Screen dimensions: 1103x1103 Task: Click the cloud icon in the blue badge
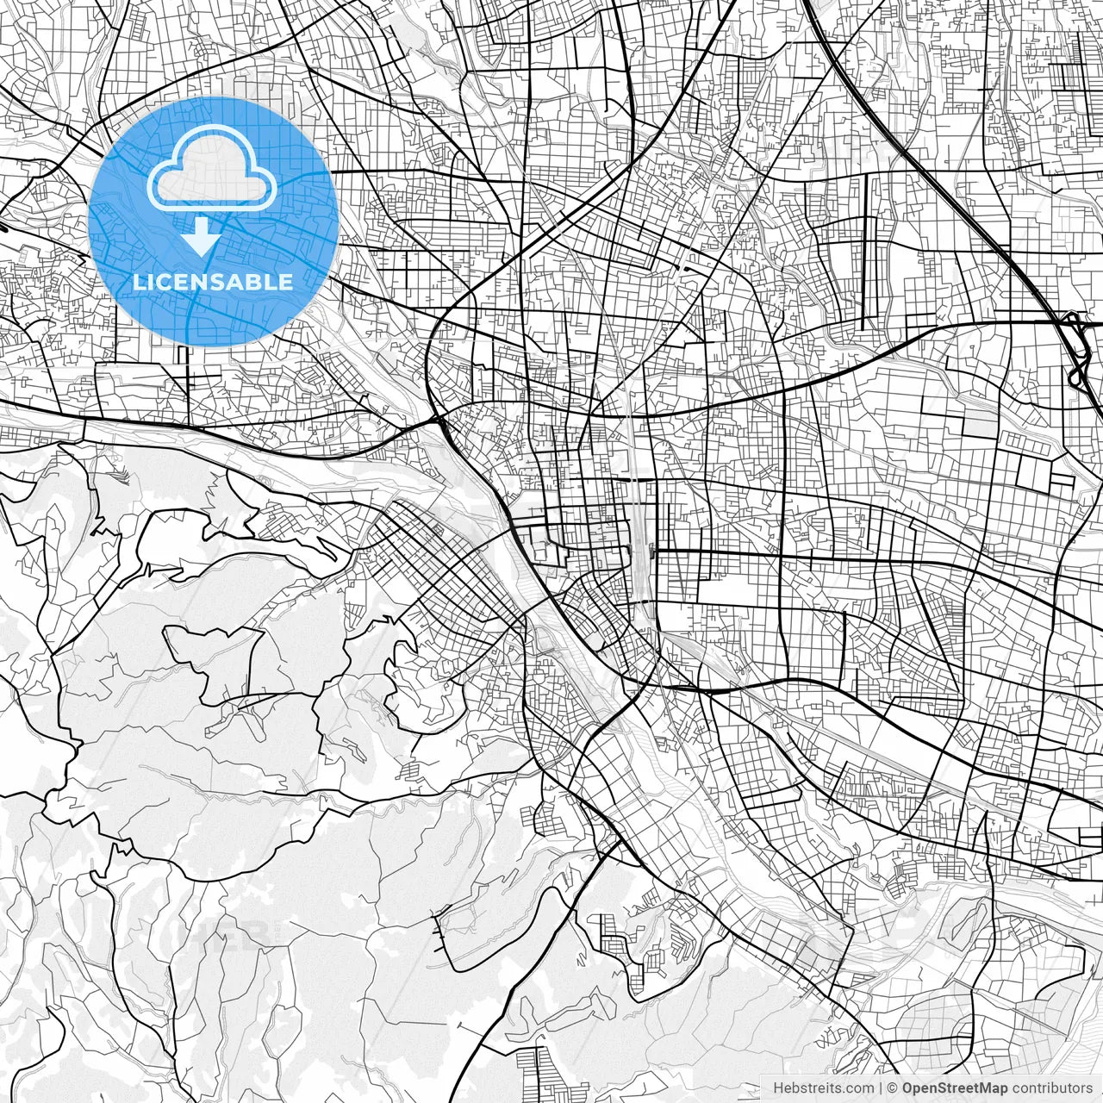click(212, 170)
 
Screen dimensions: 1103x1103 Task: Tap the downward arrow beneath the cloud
click(202, 235)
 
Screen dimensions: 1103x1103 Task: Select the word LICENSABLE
click(212, 282)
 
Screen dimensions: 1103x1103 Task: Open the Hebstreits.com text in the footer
click(823, 1088)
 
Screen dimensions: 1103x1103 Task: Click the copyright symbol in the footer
click(894, 1088)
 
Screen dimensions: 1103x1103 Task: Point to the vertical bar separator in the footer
click(881, 1088)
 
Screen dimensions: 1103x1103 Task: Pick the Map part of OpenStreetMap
click(994, 1088)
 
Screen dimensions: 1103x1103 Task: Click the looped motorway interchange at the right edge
click(1075, 349)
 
